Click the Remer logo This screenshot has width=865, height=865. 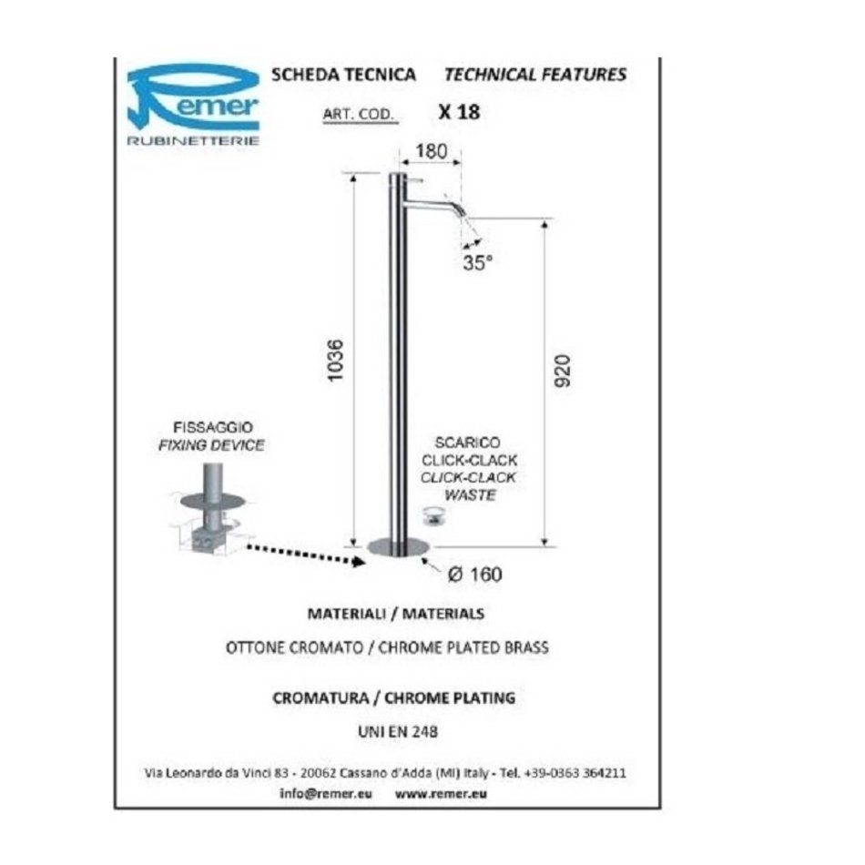(193, 105)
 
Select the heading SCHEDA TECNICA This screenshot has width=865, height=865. (343, 75)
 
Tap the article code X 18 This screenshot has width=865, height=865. (459, 112)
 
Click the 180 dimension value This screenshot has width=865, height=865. (431, 151)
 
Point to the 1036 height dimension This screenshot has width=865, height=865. (335, 361)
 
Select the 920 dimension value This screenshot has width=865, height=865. (562, 371)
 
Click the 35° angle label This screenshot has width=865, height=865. (477, 262)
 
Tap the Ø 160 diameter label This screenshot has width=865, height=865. (475, 575)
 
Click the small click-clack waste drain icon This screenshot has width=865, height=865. (433, 515)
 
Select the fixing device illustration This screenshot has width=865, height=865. (212, 508)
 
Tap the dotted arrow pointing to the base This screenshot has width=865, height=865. (306, 555)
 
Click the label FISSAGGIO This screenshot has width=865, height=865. (213, 428)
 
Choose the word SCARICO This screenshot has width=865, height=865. (468, 443)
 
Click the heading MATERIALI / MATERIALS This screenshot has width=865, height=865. (396, 614)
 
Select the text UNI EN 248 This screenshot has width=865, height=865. (398, 732)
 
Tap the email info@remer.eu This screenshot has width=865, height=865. (326, 794)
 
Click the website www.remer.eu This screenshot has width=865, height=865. (442, 794)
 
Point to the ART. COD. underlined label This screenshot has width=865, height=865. (359, 115)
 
